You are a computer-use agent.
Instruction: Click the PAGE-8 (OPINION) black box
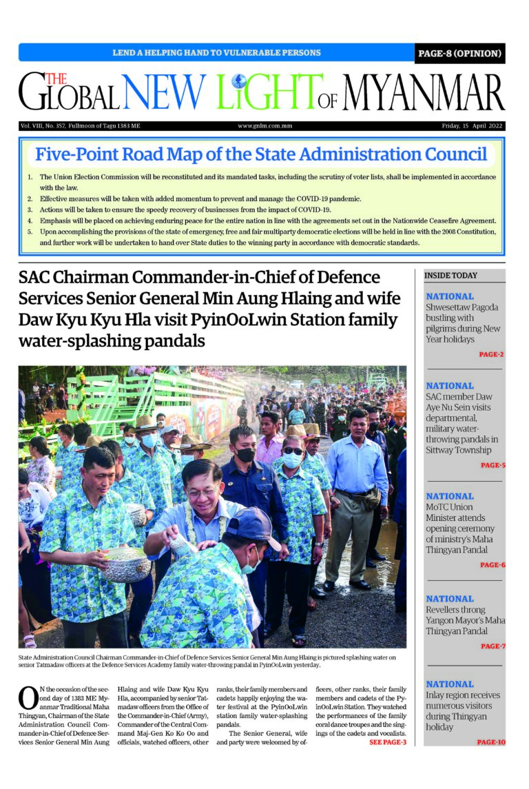tap(459, 53)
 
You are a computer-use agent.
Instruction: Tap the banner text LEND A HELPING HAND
tap(216, 53)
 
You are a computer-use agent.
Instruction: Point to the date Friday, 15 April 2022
tap(472, 127)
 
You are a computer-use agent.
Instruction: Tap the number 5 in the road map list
tap(30, 232)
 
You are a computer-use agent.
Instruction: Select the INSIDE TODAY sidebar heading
tap(450, 276)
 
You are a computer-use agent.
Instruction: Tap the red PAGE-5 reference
tap(492, 465)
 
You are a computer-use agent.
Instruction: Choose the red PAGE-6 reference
tap(492, 565)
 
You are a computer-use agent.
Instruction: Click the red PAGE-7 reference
tap(492, 646)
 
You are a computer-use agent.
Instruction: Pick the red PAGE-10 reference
tap(490, 742)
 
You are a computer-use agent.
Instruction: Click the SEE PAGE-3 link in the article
tap(388, 742)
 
